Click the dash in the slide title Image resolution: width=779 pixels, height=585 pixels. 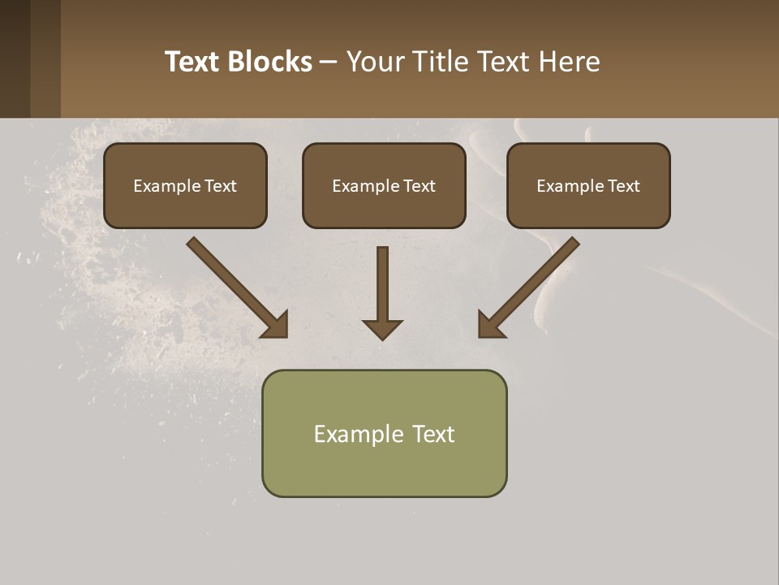coord(329,62)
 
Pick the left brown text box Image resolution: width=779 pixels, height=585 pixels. coord(185,186)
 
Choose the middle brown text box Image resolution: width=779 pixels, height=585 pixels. coord(384,186)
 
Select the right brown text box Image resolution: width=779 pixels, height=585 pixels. coord(588,186)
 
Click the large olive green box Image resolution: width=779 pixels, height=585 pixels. coord(384,434)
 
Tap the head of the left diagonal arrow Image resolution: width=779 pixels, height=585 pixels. coord(277,326)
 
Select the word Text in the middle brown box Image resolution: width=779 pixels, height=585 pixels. coord(420,186)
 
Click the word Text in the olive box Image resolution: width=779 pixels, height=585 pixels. coord(433,434)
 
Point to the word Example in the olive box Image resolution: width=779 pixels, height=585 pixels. coord(359,434)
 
